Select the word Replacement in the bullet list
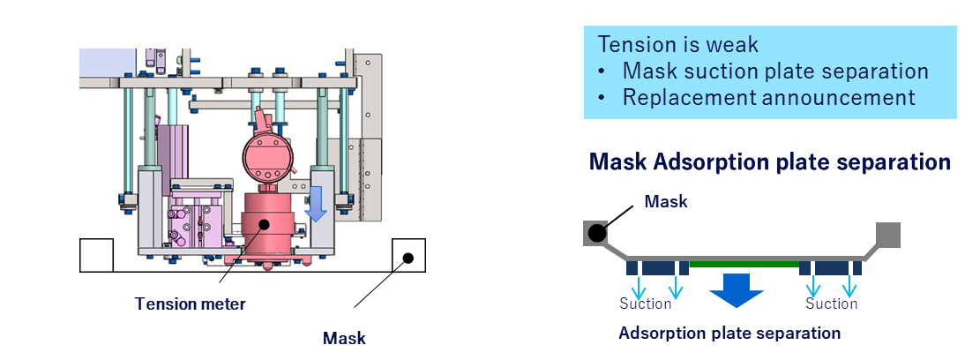688,97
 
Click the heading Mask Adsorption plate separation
769,162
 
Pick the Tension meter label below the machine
190,304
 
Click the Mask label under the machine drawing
344,338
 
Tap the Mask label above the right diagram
666,202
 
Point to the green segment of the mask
744,263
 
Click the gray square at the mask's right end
887,235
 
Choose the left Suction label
646,304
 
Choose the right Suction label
832,304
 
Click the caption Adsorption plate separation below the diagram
729,334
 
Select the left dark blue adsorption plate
657,267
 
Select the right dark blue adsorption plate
830,267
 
